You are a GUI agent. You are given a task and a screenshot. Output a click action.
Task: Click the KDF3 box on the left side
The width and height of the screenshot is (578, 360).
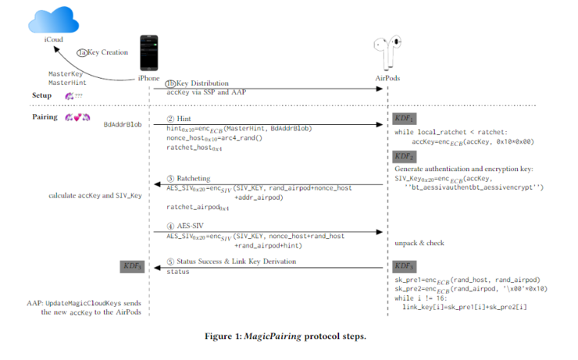132,266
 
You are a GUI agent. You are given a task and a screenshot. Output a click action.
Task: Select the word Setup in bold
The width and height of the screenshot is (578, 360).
42,95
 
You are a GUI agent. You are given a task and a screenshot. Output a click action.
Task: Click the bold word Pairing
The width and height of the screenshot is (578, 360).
45,116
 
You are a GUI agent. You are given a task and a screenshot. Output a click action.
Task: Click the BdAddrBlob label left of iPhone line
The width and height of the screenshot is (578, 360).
123,124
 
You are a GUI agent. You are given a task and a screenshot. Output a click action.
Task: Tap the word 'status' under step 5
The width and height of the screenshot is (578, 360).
178,271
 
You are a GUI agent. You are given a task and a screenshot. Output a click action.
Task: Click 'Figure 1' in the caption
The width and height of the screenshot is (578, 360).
225,337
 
